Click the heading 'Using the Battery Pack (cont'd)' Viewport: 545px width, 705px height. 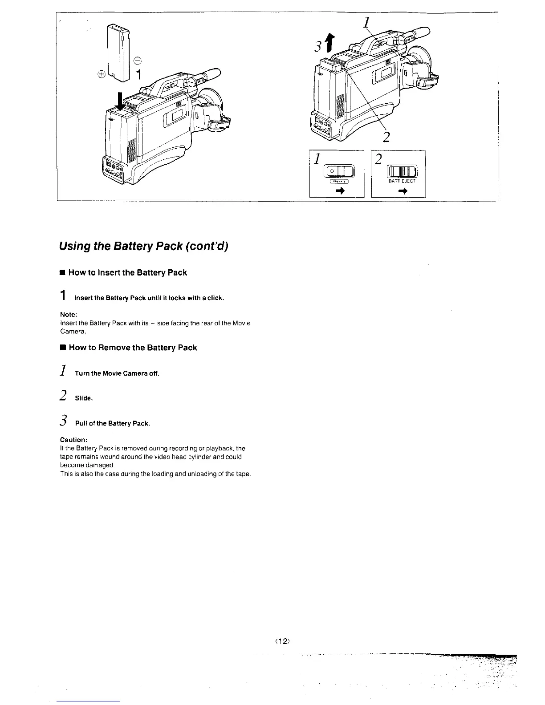coord(144,246)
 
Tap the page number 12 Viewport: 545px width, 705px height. coord(284,641)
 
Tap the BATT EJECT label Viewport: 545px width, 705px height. coord(402,181)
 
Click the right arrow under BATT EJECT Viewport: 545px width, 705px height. coord(403,191)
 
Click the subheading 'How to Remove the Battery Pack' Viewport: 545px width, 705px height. coord(133,348)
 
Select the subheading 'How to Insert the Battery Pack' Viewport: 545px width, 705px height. coord(128,273)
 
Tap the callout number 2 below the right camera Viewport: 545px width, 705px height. coord(386,136)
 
